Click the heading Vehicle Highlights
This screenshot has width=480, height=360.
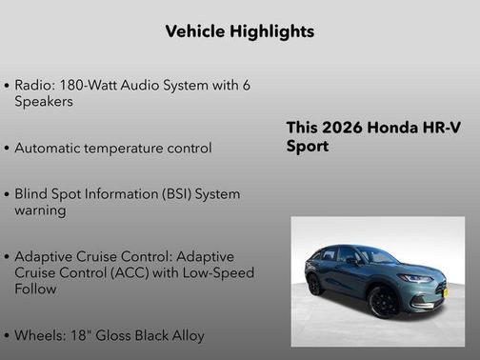pos(239,31)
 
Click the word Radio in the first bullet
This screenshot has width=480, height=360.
pos(33,85)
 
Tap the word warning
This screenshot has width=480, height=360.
pos(41,210)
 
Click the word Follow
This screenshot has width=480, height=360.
pos(36,289)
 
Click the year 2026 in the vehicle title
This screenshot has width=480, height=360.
pos(340,129)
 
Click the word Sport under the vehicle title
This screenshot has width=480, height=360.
pos(308,147)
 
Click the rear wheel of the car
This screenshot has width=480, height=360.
pos(314,285)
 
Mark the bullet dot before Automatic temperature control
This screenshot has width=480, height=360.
pos(8,149)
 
